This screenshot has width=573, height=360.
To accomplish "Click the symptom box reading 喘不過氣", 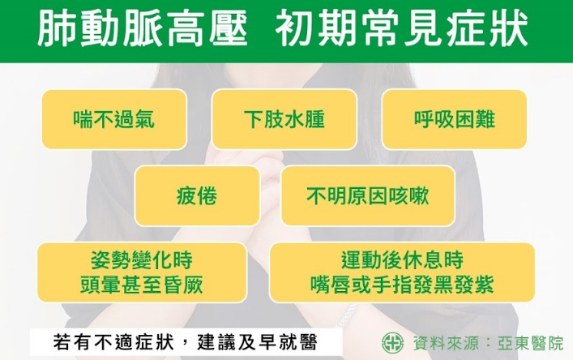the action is tap(114, 119).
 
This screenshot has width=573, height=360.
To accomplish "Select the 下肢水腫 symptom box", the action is tap(284, 119).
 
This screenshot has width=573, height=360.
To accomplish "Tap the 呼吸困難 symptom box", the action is tap(454, 119).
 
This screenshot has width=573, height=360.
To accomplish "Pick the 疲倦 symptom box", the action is tap(197, 195).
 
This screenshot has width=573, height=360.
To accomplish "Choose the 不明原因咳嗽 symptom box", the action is tap(368, 195).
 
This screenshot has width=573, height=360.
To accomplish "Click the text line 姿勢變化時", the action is tap(141, 259).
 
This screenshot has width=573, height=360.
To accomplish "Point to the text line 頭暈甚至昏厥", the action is tap(141, 285).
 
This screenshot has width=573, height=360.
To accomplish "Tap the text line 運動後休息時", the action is tap(402, 259).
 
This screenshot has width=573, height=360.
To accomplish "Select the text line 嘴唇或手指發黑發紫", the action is tap(402, 285).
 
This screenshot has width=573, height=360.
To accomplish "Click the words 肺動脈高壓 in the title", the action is tap(143, 29).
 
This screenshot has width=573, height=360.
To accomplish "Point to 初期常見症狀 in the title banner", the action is tap(402, 29).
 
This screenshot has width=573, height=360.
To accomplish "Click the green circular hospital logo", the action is tap(393, 343).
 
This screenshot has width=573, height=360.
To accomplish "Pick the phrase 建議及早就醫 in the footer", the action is tap(257, 342).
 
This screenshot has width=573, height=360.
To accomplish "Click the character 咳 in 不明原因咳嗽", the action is tap(398, 195).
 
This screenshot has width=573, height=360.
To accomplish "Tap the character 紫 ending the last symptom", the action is tap(484, 285).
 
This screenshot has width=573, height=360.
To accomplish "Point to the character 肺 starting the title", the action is tap(58, 29).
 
